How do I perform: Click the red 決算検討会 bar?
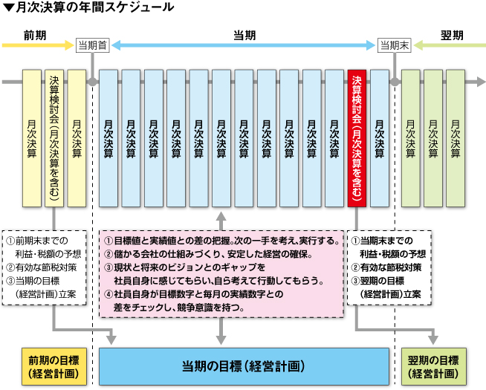click(x=357, y=138)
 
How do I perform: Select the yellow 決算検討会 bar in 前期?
click(x=54, y=138)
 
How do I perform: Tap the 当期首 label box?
click(x=93, y=45)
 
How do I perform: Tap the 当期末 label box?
click(x=395, y=45)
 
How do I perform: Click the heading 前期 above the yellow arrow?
click(x=35, y=36)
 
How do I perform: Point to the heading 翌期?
click(x=452, y=36)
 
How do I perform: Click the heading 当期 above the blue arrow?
click(x=244, y=36)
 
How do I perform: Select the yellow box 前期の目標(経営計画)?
click(x=54, y=367)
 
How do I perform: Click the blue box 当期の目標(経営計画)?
click(x=244, y=367)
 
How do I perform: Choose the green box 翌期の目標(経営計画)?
click(x=434, y=367)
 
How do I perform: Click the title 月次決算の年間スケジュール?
click(x=95, y=7)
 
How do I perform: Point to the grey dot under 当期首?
click(x=93, y=82)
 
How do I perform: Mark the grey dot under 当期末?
click(x=395, y=82)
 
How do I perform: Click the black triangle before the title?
click(x=9, y=7)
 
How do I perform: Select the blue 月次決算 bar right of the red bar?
click(x=380, y=138)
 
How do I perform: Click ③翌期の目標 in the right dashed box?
click(x=378, y=281)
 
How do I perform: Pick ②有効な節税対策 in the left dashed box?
click(x=42, y=267)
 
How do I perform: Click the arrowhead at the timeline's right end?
click(x=481, y=82)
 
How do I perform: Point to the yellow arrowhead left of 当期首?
click(x=69, y=45)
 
